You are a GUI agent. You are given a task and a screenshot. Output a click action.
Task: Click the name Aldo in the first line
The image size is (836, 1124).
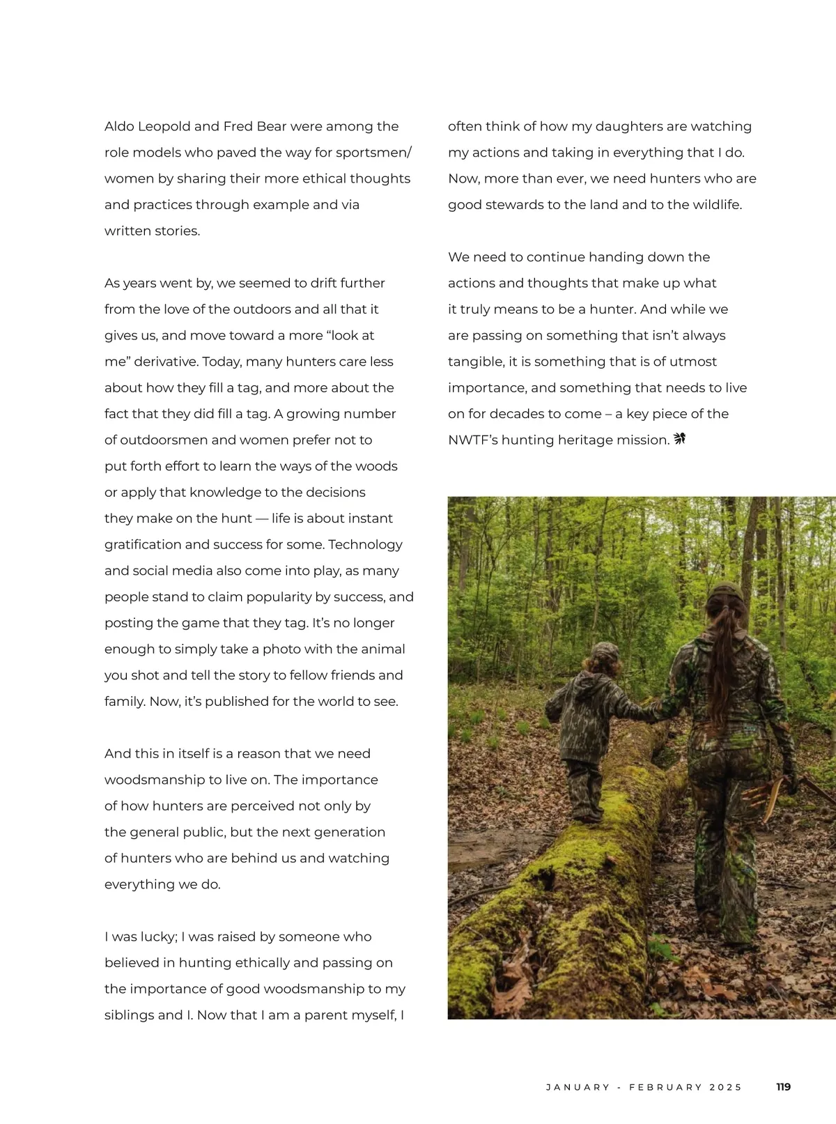click(119, 126)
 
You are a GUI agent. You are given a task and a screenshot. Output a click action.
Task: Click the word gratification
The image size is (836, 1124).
click(144, 545)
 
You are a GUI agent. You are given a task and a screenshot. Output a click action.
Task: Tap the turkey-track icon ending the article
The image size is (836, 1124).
click(679, 439)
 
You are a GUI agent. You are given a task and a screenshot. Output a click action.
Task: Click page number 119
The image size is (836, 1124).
click(784, 1087)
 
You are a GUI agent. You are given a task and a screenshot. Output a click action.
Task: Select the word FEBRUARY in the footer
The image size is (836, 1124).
click(665, 1087)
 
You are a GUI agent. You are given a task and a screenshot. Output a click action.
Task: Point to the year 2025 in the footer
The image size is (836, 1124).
click(726, 1087)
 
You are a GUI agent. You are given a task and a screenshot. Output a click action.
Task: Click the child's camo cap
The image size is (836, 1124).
click(603, 652)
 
